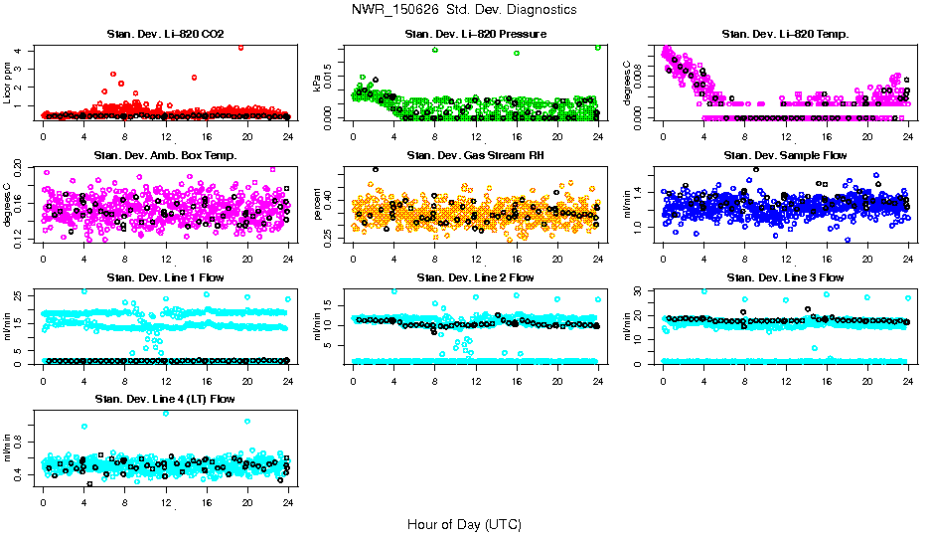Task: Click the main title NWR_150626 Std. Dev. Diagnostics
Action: click(x=464, y=9)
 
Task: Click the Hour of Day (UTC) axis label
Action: click(x=464, y=524)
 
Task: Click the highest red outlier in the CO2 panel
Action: click(x=240, y=47)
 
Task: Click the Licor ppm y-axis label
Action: click(x=9, y=83)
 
